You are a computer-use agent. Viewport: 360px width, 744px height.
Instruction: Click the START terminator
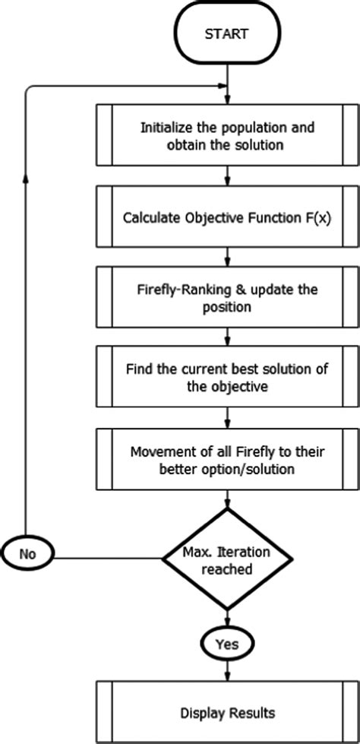227,34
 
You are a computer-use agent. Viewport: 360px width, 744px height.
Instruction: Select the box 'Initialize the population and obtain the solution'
227,135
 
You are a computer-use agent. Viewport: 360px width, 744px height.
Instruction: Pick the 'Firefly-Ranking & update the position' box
227,298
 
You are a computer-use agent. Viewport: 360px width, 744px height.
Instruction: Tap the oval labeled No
28,553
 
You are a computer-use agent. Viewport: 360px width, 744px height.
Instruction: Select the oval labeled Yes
227,644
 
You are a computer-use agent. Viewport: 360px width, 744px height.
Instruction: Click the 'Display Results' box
227,713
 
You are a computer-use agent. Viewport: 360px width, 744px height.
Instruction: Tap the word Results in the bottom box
254,713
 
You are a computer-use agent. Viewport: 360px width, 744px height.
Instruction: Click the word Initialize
167,127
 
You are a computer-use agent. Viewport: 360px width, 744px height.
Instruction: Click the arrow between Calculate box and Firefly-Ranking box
228,256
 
